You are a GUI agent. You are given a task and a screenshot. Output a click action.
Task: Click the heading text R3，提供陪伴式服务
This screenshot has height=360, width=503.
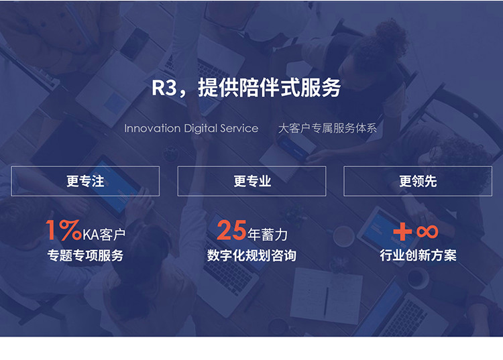pos(246,88)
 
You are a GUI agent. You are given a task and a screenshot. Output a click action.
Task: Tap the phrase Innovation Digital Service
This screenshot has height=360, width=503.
pos(191,129)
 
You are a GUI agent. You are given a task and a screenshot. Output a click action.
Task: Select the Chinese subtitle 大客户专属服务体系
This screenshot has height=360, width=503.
pos(327,128)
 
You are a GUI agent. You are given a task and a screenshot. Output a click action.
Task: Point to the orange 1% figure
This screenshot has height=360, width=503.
pos(64,230)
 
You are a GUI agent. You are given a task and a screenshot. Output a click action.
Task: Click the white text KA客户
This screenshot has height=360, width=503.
pos(104,235)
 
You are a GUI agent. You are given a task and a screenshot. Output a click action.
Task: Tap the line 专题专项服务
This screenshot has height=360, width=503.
pos(85,255)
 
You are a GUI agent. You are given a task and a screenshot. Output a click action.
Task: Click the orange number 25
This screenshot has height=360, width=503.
pos(231,230)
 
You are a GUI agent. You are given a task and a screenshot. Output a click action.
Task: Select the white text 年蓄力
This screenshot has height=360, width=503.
pos(268,235)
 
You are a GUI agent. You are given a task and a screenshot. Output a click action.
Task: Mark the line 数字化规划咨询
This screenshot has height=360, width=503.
pos(251,255)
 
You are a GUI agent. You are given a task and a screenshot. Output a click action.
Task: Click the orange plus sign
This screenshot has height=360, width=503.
pos(402,231)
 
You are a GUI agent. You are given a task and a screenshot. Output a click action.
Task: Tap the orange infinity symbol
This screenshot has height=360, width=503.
pos(427,231)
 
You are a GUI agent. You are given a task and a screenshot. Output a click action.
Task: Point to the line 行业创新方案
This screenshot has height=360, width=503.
pos(418,255)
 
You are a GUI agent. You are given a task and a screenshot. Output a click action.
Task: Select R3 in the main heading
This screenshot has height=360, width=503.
pos(164,88)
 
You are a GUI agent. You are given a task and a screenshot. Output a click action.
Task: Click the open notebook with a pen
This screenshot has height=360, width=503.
pos(327,296)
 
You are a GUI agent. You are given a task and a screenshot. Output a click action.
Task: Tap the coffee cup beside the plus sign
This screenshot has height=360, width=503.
pos(343,236)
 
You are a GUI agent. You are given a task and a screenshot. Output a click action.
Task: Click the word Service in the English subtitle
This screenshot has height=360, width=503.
pos(239,129)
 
